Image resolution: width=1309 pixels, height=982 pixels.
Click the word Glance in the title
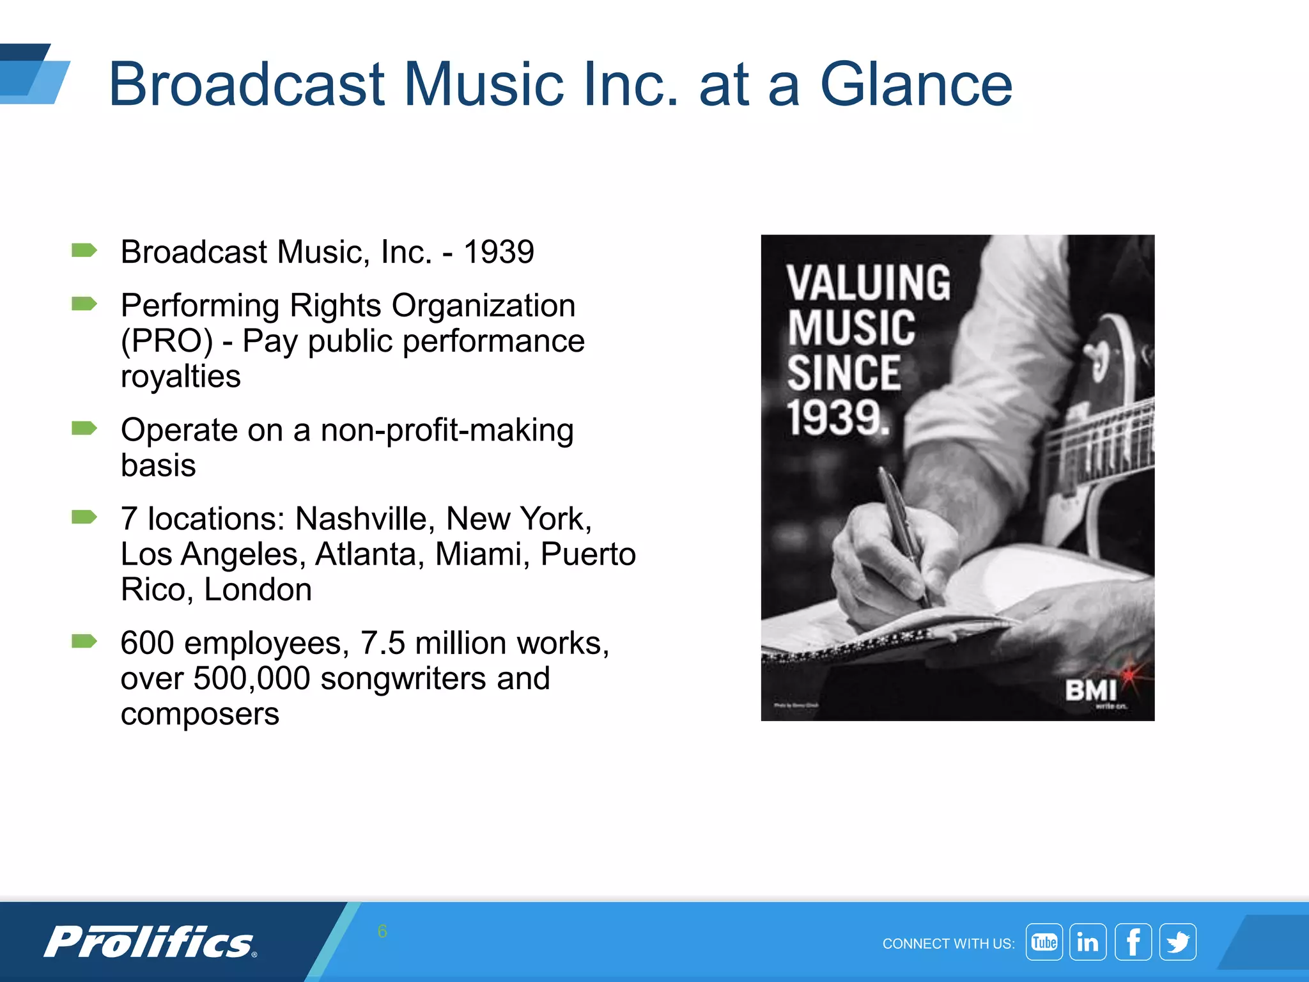915,84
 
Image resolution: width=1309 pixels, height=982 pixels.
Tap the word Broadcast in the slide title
247,84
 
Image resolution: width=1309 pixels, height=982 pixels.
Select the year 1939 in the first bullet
499,252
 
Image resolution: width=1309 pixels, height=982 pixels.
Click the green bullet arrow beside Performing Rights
84,304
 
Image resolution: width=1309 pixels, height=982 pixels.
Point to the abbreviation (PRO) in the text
167,341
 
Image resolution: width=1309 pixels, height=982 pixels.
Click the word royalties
181,376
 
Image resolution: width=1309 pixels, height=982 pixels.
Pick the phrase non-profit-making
447,430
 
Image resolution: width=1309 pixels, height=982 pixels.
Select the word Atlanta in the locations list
369,554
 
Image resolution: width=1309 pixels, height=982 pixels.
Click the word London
258,589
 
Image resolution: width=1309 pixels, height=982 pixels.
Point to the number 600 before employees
147,643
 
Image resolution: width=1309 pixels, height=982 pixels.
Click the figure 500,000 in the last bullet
252,678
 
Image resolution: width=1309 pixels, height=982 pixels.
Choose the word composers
200,713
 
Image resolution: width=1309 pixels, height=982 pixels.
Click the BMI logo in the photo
1090,690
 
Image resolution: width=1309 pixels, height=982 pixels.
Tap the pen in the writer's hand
902,531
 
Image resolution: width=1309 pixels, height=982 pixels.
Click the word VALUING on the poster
869,283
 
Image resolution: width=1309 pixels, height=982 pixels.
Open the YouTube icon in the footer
1044,942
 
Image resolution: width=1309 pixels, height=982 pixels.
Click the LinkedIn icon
1088,942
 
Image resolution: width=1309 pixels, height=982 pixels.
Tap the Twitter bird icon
1178,942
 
